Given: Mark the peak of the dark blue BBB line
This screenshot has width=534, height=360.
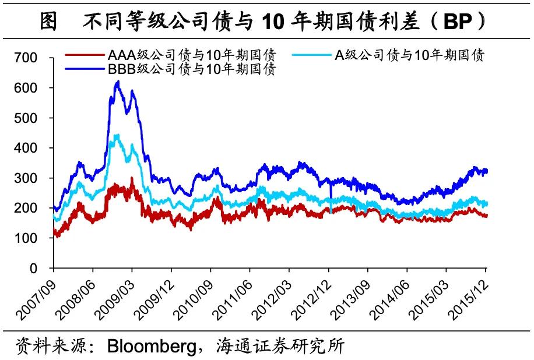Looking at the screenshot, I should click(x=118, y=82).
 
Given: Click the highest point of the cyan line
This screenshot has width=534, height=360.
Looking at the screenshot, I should click(x=118, y=135).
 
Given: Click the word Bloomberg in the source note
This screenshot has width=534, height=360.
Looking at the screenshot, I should click(x=150, y=346).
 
